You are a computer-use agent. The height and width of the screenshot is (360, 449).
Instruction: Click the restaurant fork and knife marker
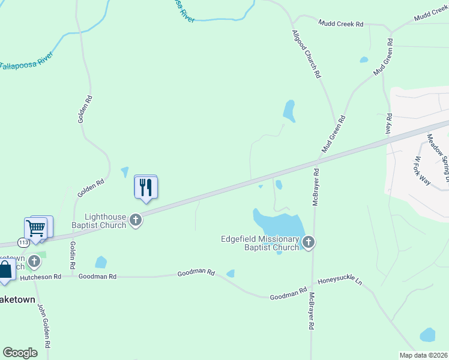(x=145, y=188)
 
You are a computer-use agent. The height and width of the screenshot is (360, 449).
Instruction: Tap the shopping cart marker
(x=36, y=229)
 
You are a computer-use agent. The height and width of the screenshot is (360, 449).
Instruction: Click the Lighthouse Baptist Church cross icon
(x=136, y=220)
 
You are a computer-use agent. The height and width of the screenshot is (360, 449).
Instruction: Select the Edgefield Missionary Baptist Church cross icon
(x=309, y=242)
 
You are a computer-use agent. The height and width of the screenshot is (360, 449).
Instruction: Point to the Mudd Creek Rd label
(x=342, y=24)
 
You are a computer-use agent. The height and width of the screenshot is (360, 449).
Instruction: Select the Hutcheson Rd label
(x=41, y=277)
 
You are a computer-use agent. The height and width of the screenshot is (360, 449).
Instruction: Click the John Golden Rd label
(x=44, y=324)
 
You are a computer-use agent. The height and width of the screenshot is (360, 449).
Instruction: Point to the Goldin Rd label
(x=73, y=254)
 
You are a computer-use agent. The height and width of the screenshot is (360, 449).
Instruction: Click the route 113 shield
(x=23, y=242)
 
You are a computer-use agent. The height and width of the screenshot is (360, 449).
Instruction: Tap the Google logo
(x=20, y=353)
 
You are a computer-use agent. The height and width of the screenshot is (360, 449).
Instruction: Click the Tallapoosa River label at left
(x=26, y=62)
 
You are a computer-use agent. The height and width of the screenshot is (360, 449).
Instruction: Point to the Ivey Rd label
(x=388, y=124)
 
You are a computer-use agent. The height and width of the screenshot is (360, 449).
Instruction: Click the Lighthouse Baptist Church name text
(x=105, y=221)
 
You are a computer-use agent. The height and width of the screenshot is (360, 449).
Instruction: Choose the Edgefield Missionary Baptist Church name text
(x=260, y=243)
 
